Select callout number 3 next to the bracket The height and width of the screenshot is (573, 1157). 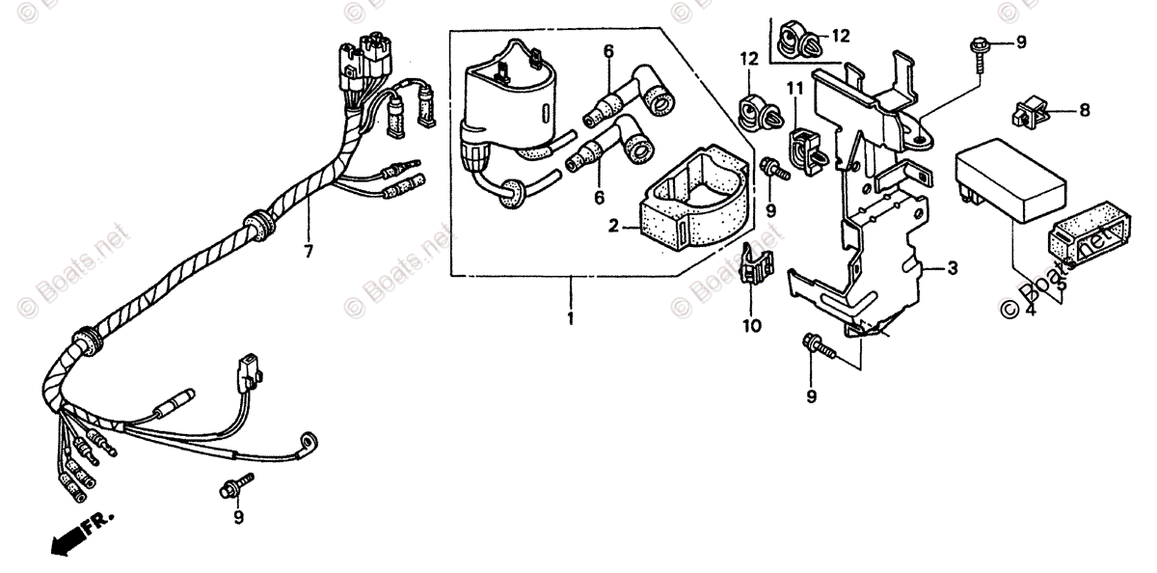pyautogui.click(x=952, y=269)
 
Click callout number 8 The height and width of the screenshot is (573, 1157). pyautogui.click(x=1084, y=111)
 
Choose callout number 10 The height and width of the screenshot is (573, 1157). pyautogui.click(x=751, y=325)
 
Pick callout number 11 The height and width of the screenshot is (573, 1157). pyautogui.click(x=794, y=89)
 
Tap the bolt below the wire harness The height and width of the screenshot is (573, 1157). pyautogui.click(x=235, y=486)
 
